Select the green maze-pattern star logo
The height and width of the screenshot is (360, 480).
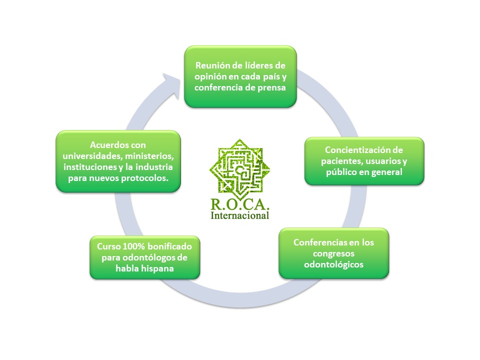239,169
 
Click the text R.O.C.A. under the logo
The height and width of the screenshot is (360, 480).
239,204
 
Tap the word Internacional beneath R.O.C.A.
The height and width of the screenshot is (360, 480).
239,215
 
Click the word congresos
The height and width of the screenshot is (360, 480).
333,254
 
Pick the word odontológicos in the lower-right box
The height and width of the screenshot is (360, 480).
333,264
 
